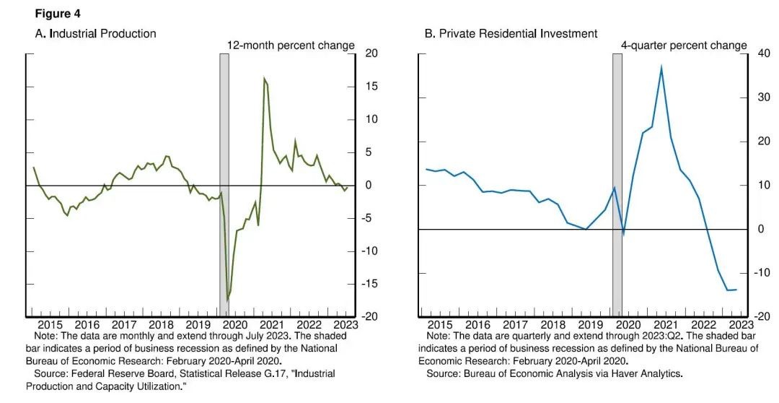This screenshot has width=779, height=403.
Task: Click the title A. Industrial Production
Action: (95, 33)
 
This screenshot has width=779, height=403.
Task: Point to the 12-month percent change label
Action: (291, 45)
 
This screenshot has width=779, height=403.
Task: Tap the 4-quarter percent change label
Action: (684, 45)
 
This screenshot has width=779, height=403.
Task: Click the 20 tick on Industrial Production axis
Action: (371, 53)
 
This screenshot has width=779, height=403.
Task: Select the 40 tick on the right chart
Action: (762, 53)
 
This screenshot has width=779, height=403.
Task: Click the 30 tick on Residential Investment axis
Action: (762, 97)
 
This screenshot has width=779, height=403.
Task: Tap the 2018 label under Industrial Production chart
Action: (161, 325)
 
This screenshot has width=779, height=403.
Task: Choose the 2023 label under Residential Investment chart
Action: (738, 325)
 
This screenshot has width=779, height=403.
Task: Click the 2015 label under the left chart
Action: (50, 325)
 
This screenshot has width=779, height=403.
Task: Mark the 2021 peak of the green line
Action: (265, 79)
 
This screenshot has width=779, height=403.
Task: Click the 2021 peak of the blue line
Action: (661, 67)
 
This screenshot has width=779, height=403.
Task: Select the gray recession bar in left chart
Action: (224, 181)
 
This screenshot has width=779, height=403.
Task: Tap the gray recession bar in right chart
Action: (617, 181)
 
